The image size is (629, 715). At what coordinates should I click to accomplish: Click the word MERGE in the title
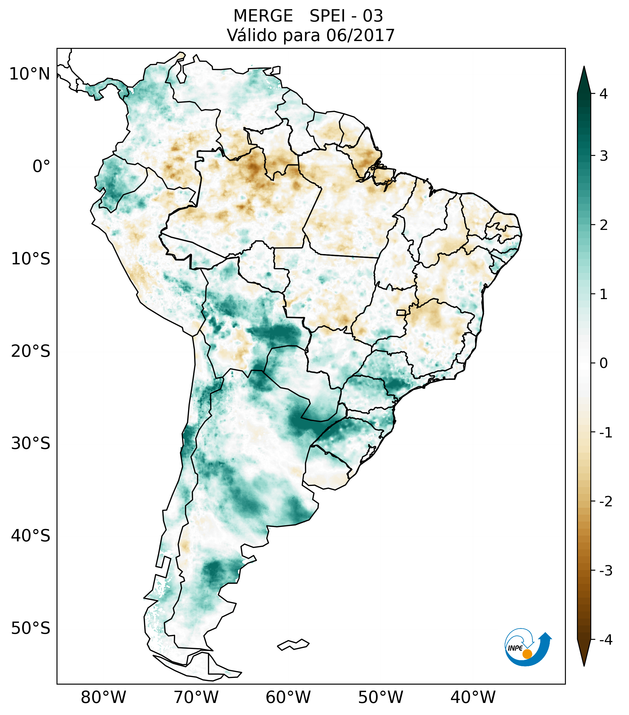click(x=263, y=16)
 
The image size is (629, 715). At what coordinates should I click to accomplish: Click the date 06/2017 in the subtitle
click(x=360, y=35)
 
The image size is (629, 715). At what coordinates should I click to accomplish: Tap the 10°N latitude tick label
click(x=30, y=74)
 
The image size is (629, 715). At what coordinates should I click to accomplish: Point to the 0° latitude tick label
click(x=41, y=166)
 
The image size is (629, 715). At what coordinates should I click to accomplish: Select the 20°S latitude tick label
click(x=31, y=351)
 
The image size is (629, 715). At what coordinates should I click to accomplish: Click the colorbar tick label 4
click(x=603, y=94)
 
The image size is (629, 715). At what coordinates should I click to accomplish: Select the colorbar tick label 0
click(x=603, y=363)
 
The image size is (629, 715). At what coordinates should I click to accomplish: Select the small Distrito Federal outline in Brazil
click(x=401, y=312)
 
